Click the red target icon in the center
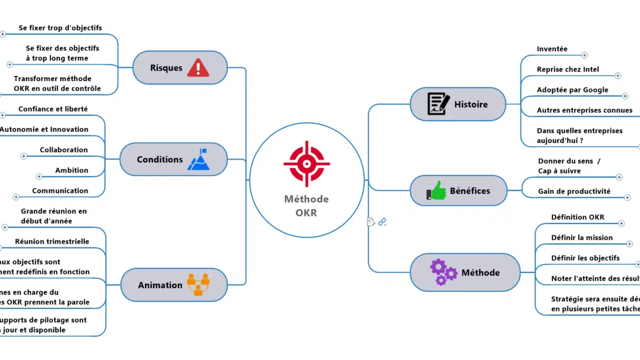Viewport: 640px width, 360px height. pyautogui.click(x=307, y=164)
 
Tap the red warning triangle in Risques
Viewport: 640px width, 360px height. pyautogui.click(x=198, y=68)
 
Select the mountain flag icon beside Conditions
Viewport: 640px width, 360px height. pyautogui.click(x=198, y=159)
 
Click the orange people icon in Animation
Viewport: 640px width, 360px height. pyautogui.click(x=198, y=285)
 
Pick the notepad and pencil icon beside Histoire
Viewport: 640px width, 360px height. pyautogui.click(x=438, y=104)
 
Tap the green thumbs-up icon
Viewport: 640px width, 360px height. pyautogui.click(x=436, y=190)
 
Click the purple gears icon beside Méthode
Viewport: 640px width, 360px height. pyautogui.click(x=443, y=272)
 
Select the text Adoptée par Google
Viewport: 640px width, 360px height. pyautogui.click(x=572, y=90)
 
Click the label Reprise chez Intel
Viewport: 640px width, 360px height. pyautogui.click(x=567, y=69)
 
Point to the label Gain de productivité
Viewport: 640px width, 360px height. pyautogui.click(x=574, y=191)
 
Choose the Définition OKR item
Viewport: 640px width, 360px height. pyautogui.click(x=578, y=217)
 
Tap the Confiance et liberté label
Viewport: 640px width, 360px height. pyautogui.click(x=53, y=109)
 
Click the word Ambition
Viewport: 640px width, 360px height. pyautogui.click(x=71, y=170)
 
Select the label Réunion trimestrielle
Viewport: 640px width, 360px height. pyautogui.click(x=52, y=242)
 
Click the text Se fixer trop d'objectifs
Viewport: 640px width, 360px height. pyautogui.click(x=60, y=28)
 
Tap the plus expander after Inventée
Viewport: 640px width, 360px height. pyautogui.click(x=584, y=55)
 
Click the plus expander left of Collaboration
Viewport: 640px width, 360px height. pyautogui.click(x=23, y=156)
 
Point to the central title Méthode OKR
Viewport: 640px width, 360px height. pyautogui.click(x=306, y=206)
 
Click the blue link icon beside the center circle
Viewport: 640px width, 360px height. pyautogui.click(x=382, y=222)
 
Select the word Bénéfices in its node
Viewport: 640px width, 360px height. pyautogui.click(x=470, y=190)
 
